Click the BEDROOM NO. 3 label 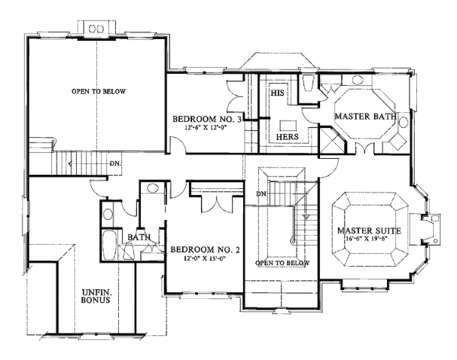coord(207,119)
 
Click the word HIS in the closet coord(277,92)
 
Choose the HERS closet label coord(286,136)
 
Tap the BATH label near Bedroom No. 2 coord(139,237)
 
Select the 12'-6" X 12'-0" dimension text coord(207,129)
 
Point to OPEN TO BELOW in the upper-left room coord(98,91)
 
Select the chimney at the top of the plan coord(97,27)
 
